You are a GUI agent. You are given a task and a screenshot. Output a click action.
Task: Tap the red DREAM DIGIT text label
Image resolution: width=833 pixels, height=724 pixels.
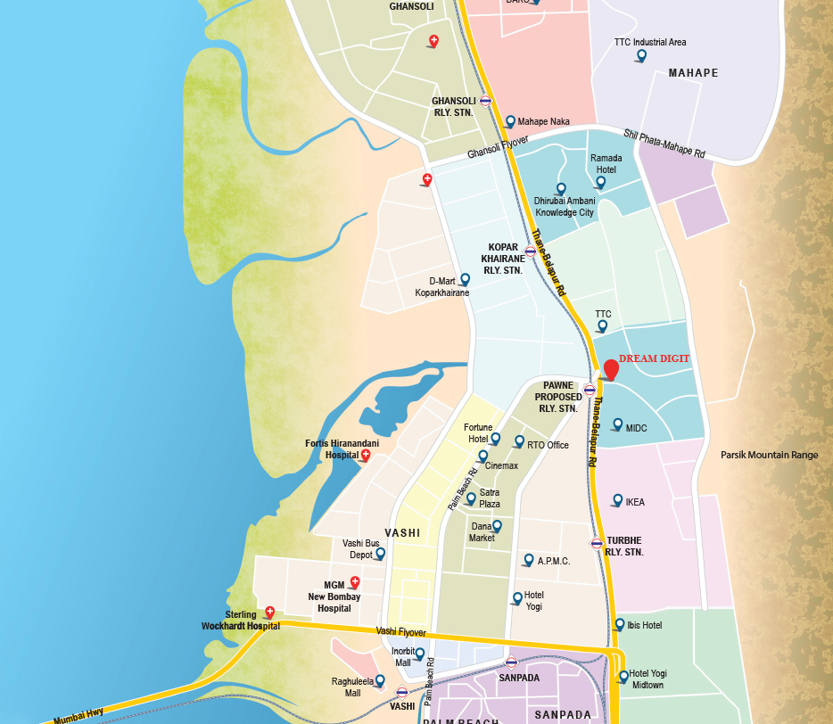655,358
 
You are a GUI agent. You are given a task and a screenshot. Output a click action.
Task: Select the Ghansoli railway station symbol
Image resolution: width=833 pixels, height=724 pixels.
485,101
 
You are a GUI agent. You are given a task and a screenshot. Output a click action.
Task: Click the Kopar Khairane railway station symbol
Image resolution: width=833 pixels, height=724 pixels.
531,251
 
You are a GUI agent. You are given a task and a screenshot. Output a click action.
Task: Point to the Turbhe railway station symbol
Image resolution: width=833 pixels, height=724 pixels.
597,543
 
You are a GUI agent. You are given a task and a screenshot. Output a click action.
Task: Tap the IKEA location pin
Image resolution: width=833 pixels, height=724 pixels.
617,500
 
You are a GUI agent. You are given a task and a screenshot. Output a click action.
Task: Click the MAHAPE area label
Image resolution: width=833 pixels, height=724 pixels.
693,73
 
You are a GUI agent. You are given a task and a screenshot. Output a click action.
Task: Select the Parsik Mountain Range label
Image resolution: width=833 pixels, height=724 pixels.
769,455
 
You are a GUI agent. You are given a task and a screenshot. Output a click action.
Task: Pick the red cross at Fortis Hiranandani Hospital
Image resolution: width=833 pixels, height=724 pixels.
365,455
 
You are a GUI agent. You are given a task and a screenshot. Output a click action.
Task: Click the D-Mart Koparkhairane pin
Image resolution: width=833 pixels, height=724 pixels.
464,279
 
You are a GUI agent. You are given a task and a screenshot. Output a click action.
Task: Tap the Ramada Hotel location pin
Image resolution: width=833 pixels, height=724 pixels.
600,182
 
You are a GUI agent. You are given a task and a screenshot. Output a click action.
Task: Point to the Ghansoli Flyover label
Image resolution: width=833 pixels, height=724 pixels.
499,148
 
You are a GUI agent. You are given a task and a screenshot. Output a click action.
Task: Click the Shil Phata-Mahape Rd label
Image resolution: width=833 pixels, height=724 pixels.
664,144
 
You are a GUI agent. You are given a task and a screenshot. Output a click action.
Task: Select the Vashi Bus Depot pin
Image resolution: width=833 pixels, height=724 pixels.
380,554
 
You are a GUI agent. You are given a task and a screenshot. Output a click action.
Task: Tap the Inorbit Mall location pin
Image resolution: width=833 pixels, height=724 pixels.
420,654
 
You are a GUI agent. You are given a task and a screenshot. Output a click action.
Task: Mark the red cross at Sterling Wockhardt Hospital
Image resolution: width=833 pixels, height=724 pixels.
270,612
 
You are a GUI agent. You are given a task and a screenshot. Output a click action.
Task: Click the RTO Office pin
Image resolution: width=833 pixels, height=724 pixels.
519,441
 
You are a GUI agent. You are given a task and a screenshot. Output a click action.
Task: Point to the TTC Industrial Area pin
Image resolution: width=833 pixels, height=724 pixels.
640,56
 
